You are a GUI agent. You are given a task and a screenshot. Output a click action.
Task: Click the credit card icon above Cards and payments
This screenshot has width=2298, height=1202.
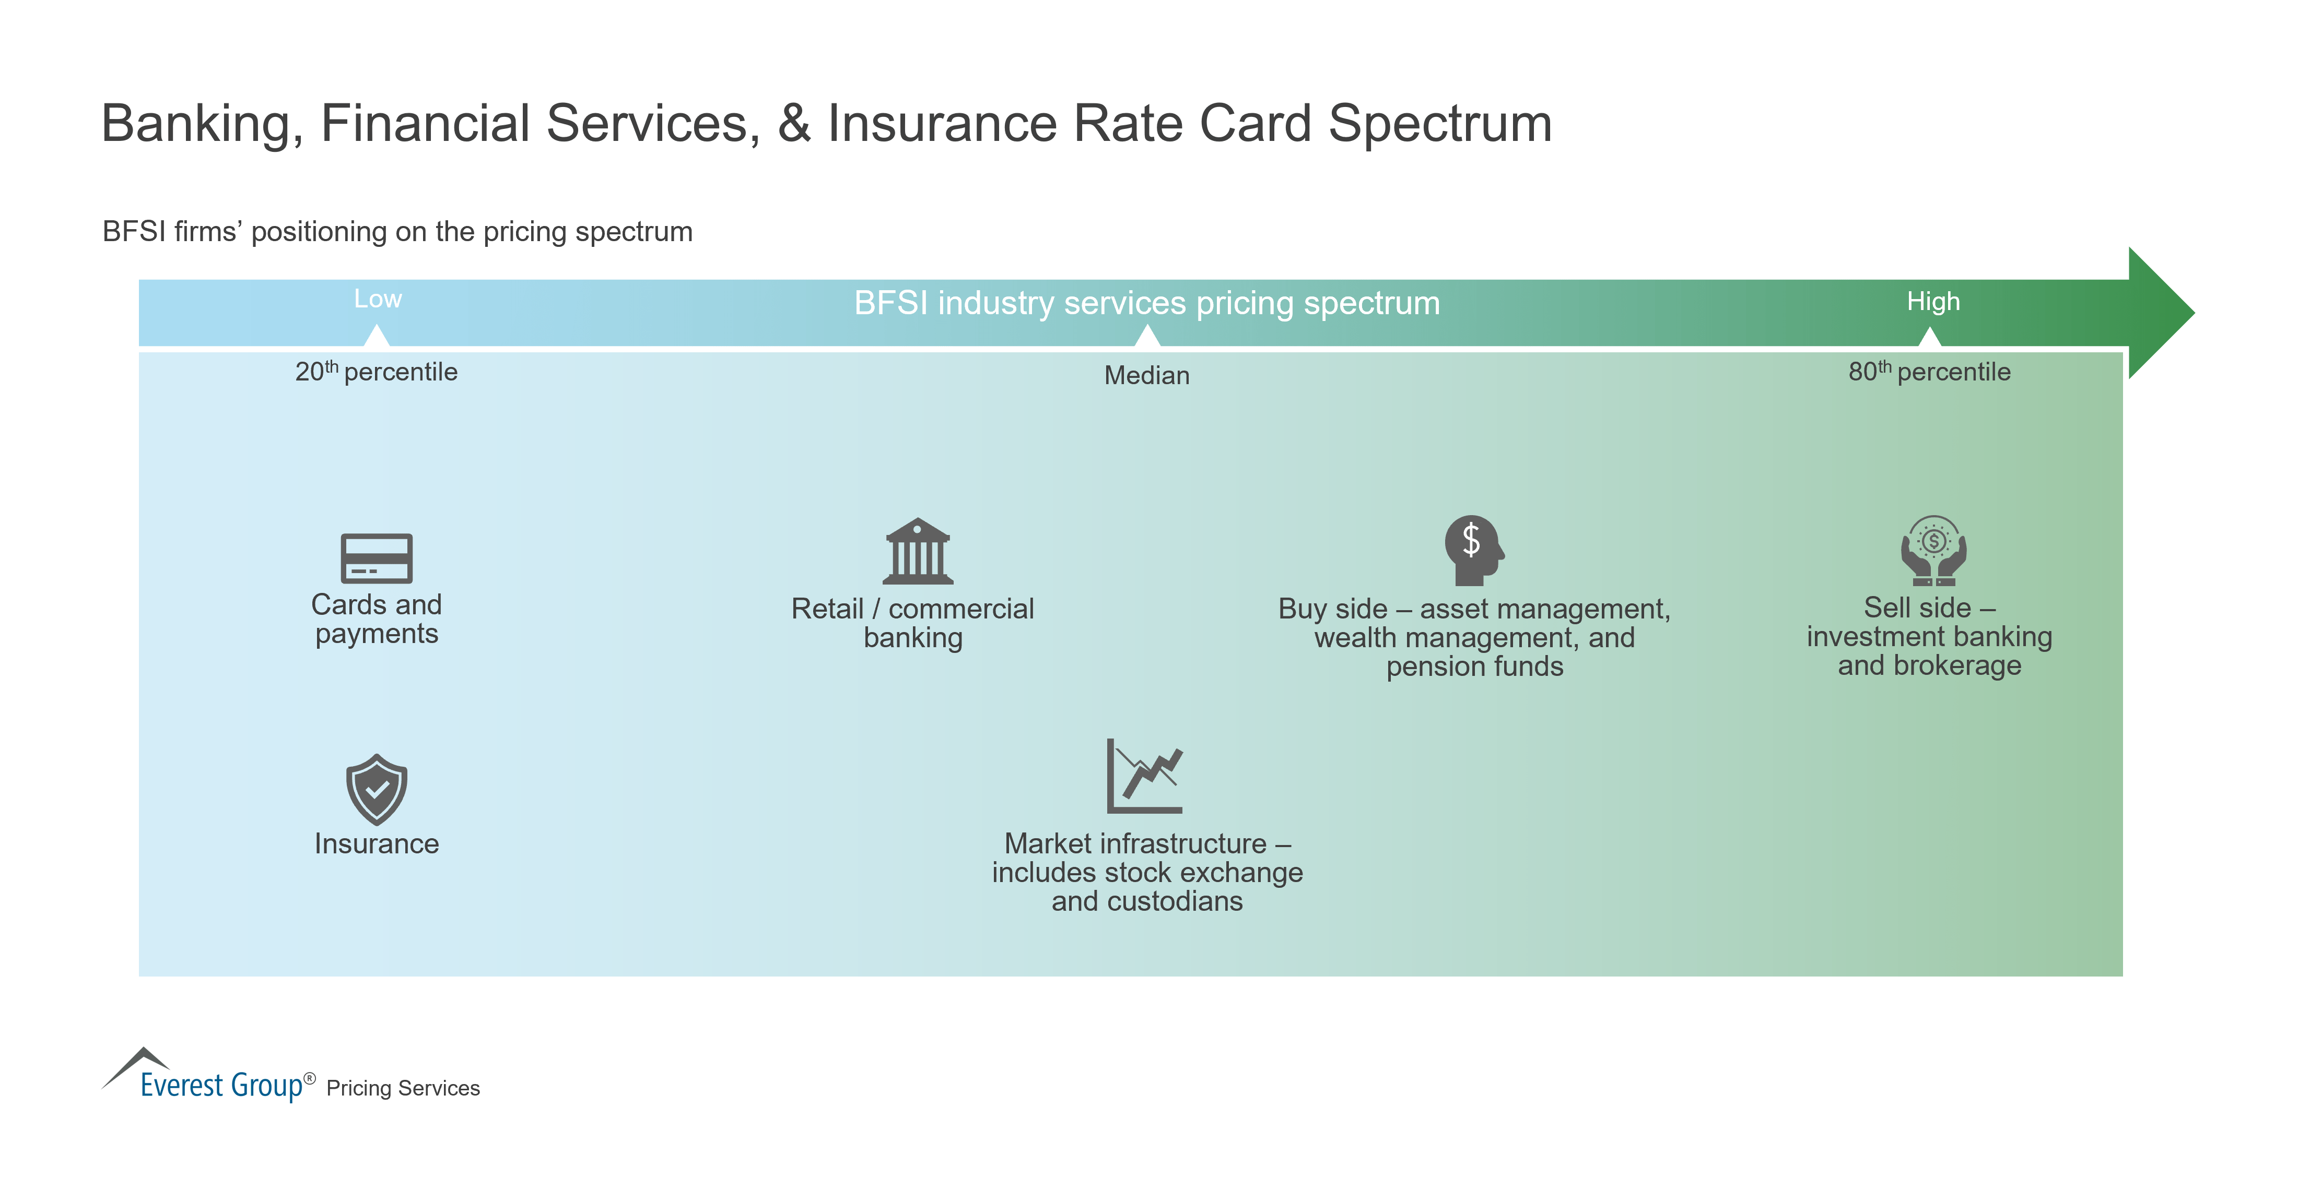[377, 558]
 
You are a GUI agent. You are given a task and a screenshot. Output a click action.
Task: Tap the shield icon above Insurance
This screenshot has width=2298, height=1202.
[377, 789]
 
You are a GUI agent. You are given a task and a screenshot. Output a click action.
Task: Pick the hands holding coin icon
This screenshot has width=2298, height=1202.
[1933, 551]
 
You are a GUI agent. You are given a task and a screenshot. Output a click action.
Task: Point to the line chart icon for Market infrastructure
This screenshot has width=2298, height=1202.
[1144, 776]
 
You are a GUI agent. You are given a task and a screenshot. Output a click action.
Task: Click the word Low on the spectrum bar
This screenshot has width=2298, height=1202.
[378, 300]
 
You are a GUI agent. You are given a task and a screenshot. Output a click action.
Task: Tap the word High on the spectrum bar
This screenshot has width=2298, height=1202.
[1933, 301]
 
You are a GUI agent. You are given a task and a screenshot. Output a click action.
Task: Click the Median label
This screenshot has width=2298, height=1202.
[1146, 375]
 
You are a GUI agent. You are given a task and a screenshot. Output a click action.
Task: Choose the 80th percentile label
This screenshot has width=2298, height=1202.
[1929, 372]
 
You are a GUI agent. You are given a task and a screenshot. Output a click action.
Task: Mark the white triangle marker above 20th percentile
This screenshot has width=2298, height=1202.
[377, 336]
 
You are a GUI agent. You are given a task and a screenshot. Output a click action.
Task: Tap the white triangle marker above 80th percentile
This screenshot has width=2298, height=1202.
[1929, 337]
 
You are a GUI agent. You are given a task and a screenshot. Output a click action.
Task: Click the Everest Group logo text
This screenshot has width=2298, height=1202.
[221, 1084]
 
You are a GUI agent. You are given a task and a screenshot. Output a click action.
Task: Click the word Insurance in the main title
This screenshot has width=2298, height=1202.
[941, 123]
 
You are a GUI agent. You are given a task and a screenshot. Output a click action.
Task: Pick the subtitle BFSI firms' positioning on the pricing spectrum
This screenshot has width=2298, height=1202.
[397, 232]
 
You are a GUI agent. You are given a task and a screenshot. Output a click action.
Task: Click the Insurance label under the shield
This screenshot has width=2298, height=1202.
[377, 843]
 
